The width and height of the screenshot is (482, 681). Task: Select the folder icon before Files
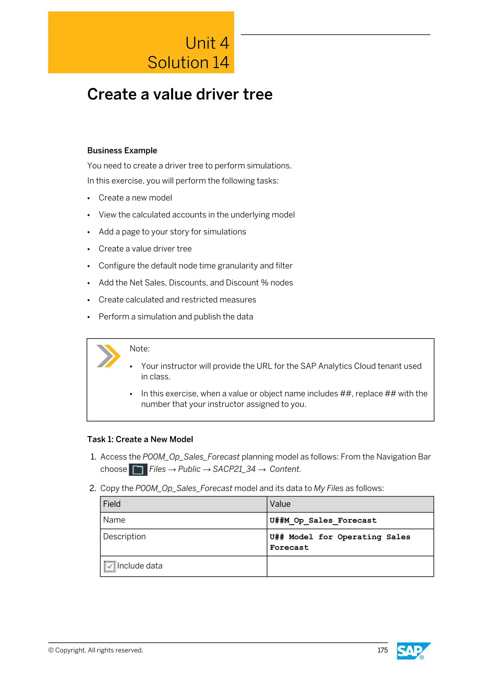[x=138, y=470]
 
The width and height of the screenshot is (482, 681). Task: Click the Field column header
[x=112, y=504]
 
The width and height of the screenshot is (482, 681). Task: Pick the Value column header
[x=280, y=504]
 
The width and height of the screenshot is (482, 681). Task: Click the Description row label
[x=124, y=537]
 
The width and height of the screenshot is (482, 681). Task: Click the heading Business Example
[x=122, y=151]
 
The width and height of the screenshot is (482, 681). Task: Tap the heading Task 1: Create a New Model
[x=140, y=439]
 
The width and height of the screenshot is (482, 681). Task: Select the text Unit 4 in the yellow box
[x=207, y=43]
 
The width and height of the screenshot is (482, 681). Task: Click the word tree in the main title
[x=258, y=94]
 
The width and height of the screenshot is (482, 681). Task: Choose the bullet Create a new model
[x=135, y=198]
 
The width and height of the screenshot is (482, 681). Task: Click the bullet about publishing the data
[x=176, y=317]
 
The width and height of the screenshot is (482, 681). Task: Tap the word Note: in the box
[x=140, y=348]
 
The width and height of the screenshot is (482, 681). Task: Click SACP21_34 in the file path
[x=234, y=469]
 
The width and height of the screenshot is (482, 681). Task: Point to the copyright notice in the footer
[x=96, y=650]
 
